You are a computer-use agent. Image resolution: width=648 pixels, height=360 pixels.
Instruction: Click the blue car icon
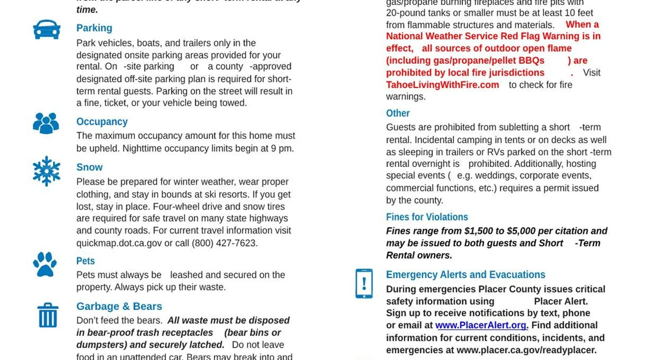point(46,29)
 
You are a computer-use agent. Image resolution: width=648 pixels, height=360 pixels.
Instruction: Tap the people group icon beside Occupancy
point(46,123)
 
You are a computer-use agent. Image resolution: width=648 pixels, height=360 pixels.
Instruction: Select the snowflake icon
point(46,171)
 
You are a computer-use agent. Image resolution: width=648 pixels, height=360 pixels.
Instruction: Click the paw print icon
point(45,264)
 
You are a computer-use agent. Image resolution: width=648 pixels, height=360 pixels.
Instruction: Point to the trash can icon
point(48,315)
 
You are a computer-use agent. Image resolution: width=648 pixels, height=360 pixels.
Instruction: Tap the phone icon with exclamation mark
point(364,283)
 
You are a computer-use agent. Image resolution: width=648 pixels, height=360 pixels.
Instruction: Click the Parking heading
point(94,28)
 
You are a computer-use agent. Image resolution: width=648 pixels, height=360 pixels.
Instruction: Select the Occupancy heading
point(102,122)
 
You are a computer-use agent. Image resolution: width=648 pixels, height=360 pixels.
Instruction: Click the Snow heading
point(89,167)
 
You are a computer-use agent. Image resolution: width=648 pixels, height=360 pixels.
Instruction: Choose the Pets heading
point(85,261)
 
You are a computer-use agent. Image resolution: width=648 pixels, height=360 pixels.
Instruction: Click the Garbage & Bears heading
point(119,306)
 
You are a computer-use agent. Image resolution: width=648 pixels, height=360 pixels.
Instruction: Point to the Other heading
point(398,113)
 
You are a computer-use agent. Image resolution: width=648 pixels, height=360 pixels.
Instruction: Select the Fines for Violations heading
point(427,217)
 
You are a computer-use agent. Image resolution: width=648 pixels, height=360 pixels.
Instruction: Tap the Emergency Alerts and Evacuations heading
point(465,275)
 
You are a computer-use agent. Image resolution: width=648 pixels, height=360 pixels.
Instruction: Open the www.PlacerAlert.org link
point(481,325)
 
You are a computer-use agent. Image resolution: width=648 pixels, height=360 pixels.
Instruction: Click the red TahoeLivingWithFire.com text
point(442,85)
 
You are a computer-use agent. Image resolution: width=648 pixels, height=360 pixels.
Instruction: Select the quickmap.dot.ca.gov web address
point(119,243)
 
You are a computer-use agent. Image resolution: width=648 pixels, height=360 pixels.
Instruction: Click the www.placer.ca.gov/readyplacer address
point(526,350)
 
